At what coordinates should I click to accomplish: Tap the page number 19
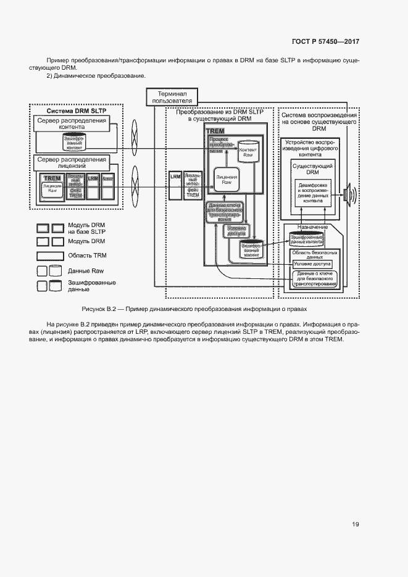click(x=356, y=525)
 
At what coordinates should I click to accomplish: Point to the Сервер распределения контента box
click(x=72, y=124)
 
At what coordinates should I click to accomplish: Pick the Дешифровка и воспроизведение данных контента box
click(x=312, y=193)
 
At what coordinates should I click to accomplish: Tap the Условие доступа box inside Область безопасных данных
click(x=312, y=264)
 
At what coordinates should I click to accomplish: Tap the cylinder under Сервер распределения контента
click(x=73, y=143)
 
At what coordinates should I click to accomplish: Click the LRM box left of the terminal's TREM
click(x=175, y=177)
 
